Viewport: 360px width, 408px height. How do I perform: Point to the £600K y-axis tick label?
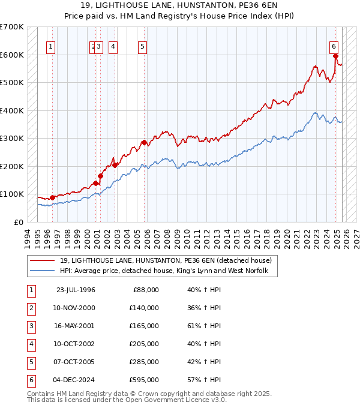12,55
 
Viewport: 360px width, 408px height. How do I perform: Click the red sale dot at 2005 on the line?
144,142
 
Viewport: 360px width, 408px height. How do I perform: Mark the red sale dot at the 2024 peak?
335,56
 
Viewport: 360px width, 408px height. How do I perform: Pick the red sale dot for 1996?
52,197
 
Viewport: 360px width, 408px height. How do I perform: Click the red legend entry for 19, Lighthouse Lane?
166,260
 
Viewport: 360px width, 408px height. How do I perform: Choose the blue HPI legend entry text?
168,271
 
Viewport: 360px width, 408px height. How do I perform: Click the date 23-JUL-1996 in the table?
76,290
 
